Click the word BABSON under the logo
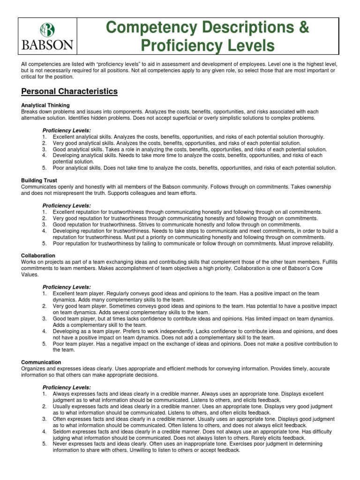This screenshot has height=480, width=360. [47, 45]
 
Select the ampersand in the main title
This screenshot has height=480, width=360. [303, 28]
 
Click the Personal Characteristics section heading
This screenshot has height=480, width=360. [69, 91]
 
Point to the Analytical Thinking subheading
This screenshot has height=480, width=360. [45, 105]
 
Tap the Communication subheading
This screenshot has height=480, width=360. [41, 362]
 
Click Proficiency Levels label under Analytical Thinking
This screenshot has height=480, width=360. [67, 130]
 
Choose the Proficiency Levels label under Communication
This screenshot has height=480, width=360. [67, 388]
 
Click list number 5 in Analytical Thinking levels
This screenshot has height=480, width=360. [44, 168]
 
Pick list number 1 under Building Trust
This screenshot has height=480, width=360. [44, 212]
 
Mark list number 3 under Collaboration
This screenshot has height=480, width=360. [44, 318]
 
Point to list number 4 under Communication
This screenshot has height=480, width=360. [44, 431]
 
